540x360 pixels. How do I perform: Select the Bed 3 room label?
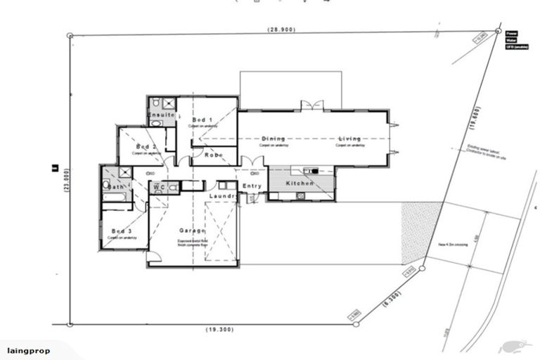click(121, 231)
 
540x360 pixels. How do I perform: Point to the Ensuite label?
click(160, 113)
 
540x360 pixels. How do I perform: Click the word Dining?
click(274, 139)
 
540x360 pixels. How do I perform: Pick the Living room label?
click(349, 139)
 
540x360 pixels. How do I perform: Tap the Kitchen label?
click(300, 184)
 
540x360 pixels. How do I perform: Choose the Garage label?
click(192, 231)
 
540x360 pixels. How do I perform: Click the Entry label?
click(252, 186)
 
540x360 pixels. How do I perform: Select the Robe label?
click(214, 155)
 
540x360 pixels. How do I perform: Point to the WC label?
click(158, 187)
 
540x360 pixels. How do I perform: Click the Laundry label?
click(221, 195)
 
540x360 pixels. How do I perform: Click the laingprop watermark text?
click(28, 350)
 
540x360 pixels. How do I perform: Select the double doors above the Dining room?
click(312, 105)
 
